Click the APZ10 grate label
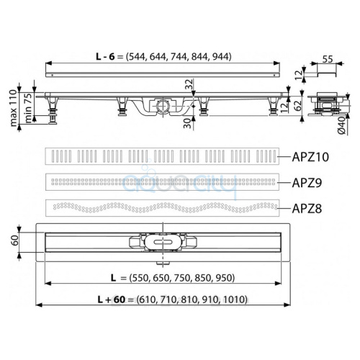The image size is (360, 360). coord(310,157)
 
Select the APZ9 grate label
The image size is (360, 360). coord(307,183)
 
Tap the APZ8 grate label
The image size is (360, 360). coord(307,209)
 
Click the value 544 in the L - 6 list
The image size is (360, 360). coord(137,57)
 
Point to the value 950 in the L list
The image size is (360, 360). coord(224,278)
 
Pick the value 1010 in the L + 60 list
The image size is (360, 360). coord(235,300)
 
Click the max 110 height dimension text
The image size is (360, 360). coord(14,108)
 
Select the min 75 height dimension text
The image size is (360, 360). coord(28,108)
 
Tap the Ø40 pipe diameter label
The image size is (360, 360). coord(342,126)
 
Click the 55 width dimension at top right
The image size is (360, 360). coord(328,59)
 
